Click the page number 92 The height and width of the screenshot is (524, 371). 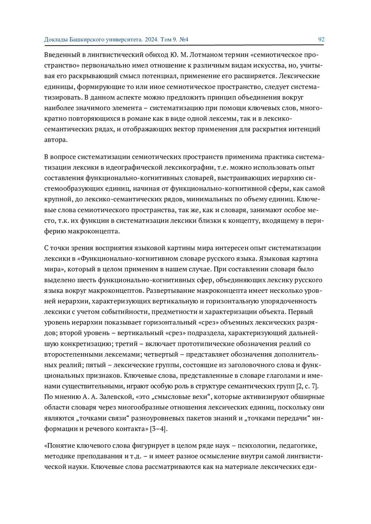pos(321,40)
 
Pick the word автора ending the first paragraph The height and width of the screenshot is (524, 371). pos(55,140)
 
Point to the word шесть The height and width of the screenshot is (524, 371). pos(88,280)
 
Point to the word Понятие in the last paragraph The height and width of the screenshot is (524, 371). pos(60,446)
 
